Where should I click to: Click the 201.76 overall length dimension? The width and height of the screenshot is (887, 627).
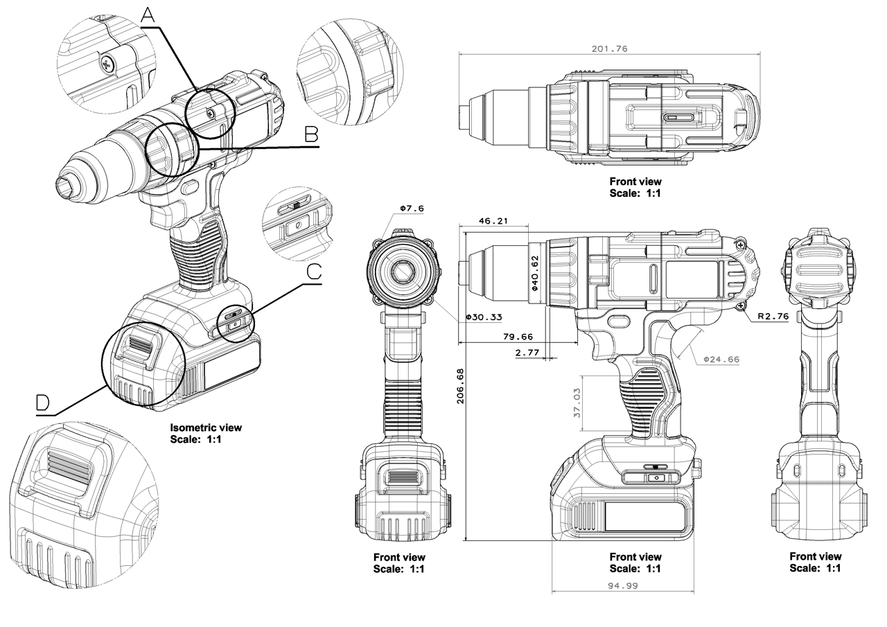[609, 49]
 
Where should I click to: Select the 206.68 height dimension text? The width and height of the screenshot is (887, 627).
[461, 386]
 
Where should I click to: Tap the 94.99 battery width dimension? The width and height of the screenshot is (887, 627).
[623, 585]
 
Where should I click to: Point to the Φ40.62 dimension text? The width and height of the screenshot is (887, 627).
[534, 273]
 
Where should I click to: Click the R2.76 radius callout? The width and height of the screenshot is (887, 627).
[773, 316]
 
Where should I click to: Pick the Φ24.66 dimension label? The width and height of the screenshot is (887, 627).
[721, 360]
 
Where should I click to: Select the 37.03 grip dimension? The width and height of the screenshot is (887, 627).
[577, 403]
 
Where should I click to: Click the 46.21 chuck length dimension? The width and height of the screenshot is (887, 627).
[493, 221]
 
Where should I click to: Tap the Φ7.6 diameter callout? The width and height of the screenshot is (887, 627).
[412, 209]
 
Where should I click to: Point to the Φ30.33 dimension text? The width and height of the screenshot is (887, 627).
[484, 317]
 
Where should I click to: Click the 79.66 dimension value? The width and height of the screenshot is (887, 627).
[518, 337]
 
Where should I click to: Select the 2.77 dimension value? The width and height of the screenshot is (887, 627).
[527, 352]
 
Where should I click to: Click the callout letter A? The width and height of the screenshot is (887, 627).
[148, 15]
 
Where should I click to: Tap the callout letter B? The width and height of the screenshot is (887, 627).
[312, 134]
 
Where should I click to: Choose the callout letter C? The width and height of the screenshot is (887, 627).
[314, 272]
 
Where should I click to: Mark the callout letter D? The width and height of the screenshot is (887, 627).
[43, 403]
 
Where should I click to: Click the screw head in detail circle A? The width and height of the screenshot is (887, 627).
[107, 63]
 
